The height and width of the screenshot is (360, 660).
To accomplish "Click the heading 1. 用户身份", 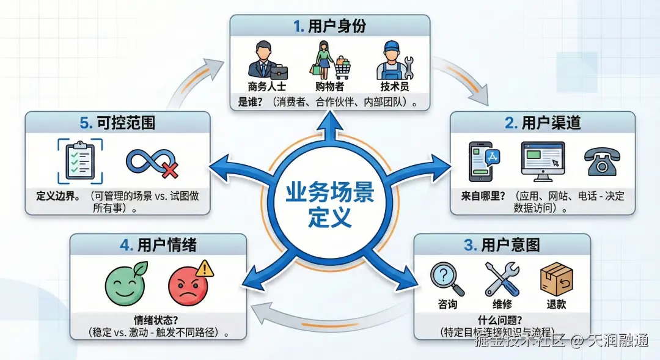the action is point(329,26).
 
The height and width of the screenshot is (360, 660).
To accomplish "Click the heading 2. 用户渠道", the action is point(543,123).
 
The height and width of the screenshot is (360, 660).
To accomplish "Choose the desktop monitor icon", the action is point(543,161).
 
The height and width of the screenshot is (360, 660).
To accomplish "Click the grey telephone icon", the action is point(601,162).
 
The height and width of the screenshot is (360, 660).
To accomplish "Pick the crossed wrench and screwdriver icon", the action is point(502,278).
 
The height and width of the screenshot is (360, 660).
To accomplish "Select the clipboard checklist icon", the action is point(80,161).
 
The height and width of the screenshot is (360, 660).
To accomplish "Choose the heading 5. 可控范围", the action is point(117,123).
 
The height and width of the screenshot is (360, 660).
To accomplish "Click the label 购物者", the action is point(329,86).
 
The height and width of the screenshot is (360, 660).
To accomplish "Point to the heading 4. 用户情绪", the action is point(158,245).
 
